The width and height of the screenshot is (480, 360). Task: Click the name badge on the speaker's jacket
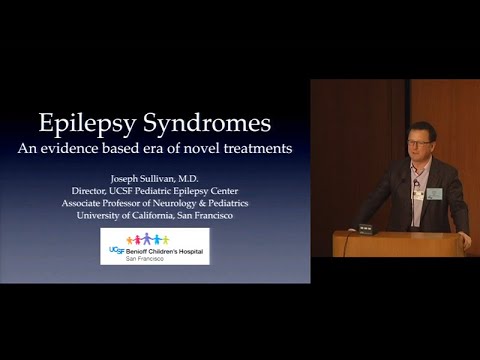(x=434, y=192)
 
